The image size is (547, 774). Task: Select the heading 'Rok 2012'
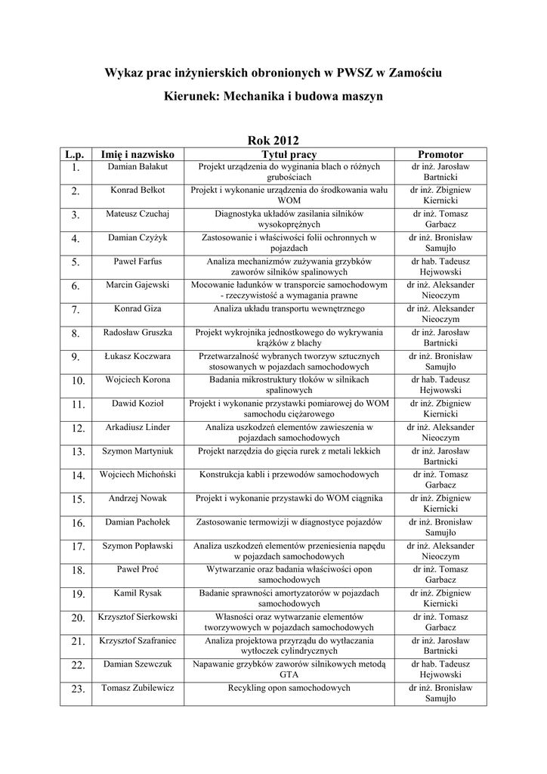273,140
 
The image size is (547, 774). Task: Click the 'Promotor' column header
440,154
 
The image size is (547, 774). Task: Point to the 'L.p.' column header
76,154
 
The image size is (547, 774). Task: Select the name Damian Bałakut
138,166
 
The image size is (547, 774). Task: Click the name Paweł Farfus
138,262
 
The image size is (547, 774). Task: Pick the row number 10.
76,381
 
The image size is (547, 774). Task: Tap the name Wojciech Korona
138,379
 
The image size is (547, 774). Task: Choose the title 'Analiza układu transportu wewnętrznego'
289,308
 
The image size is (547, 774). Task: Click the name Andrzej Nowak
138,498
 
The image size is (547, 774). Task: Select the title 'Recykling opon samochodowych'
289,688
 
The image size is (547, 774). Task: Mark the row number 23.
76,689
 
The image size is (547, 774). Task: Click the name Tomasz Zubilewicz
138,688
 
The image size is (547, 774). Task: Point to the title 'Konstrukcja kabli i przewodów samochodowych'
289,475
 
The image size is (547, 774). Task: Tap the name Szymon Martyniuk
138,451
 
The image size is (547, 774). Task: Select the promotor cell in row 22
440,669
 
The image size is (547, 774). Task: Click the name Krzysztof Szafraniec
138,641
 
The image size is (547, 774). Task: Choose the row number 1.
76,167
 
